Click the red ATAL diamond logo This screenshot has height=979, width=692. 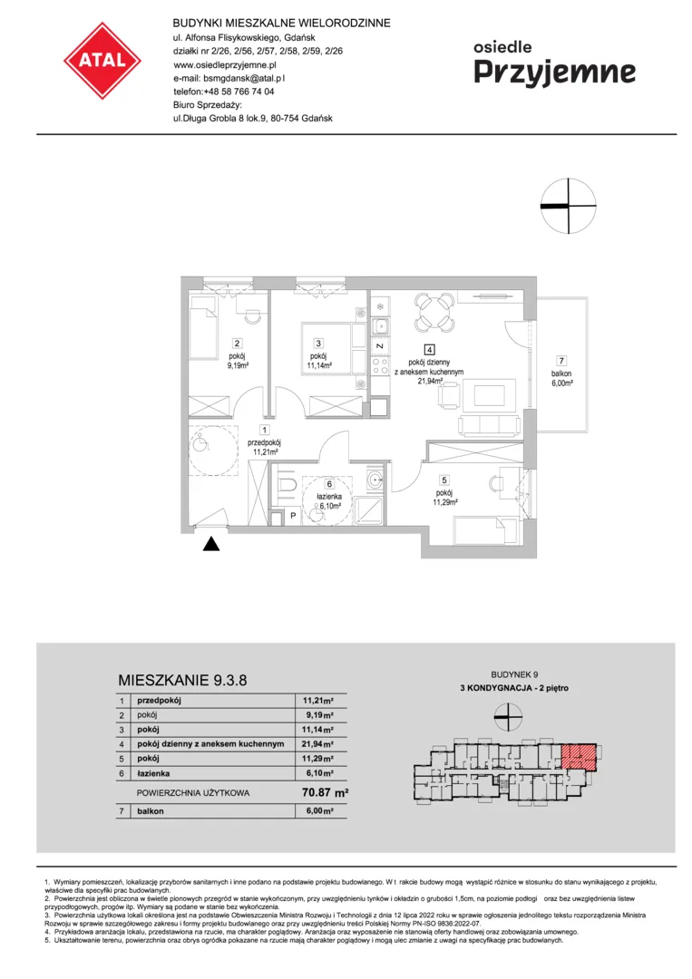pyautogui.click(x=102, y=61)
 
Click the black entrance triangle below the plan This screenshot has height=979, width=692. pyautogui.click(x=211, y=544)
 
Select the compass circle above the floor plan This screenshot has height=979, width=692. pyautogui.click(x=569, y=206)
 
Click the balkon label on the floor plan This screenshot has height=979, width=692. pyautogui.click(x=560, y=373)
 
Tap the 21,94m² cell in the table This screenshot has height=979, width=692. pyautogui.click(x=318, y=744)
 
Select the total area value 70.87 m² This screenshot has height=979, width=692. pyautogui.click(x=325, y=792)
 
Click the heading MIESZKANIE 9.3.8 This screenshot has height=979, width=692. pyautogui.click(x=182, y=680)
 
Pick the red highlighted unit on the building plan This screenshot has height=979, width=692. pyautogui.click(x=580, y=756)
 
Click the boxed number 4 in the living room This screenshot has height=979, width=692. pyautogui.click(x=429, y=350)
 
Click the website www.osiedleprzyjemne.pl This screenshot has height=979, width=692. pyautogui.click(x=225, y=64)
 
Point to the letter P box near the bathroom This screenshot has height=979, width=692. pyautogui.click(x=293, y=516)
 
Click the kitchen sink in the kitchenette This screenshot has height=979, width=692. pyautogui.click(x=380, y=326)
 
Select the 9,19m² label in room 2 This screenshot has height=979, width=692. pyautogui.click(x=238, y=366)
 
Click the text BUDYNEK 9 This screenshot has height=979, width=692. pyautogui.click(x=514, y=674)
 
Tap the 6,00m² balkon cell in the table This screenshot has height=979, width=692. pyautogui.click(x=318, y=811)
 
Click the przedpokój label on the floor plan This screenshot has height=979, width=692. pyautogui.click(x=265, y=442)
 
